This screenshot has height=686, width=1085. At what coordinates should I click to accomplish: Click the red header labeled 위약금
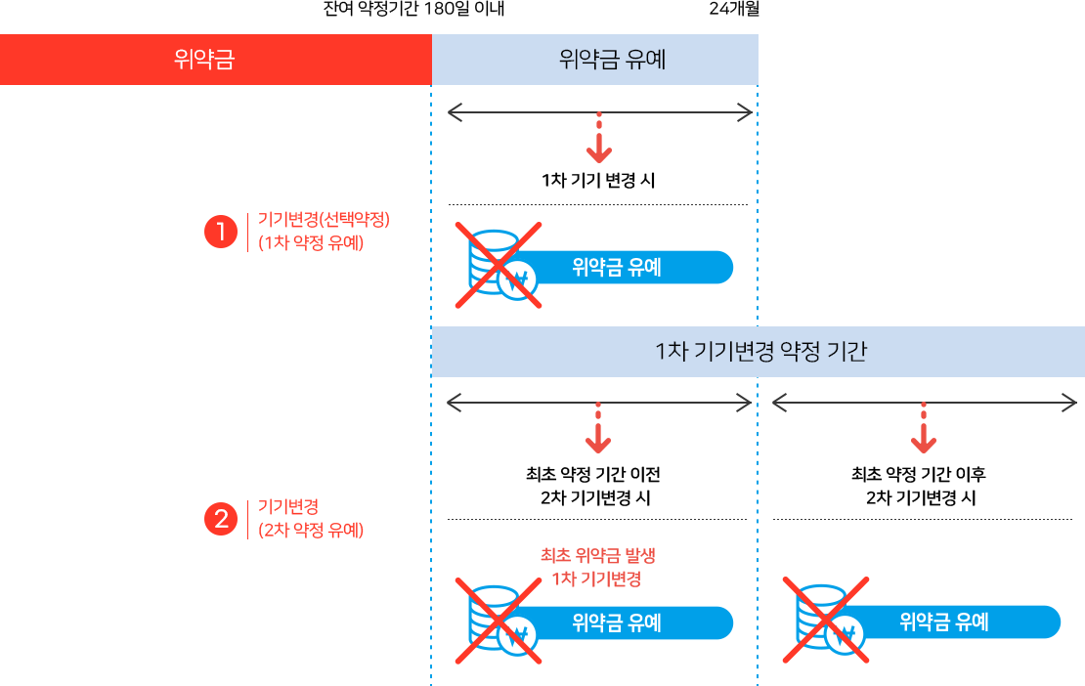[215, 60]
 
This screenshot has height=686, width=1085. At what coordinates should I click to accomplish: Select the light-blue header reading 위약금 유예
[594, 60]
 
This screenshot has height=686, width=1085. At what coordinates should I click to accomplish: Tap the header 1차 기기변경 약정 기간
[758, 353]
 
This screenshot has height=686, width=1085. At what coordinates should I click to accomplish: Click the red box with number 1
[221, 232]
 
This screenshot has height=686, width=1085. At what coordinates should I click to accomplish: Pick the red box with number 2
[221, 519]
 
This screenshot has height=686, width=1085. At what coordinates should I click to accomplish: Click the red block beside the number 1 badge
[322, 232]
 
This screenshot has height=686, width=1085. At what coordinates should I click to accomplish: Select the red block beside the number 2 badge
[305, 519]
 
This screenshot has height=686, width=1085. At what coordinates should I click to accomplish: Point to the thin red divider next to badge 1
[248, 232]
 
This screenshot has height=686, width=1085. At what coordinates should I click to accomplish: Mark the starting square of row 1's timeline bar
[456, 112]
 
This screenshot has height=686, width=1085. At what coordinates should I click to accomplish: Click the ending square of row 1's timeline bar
[745, 112]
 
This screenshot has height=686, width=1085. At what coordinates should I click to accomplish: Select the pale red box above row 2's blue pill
[594, 568]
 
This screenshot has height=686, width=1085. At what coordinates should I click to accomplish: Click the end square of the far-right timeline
[1069, 402]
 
